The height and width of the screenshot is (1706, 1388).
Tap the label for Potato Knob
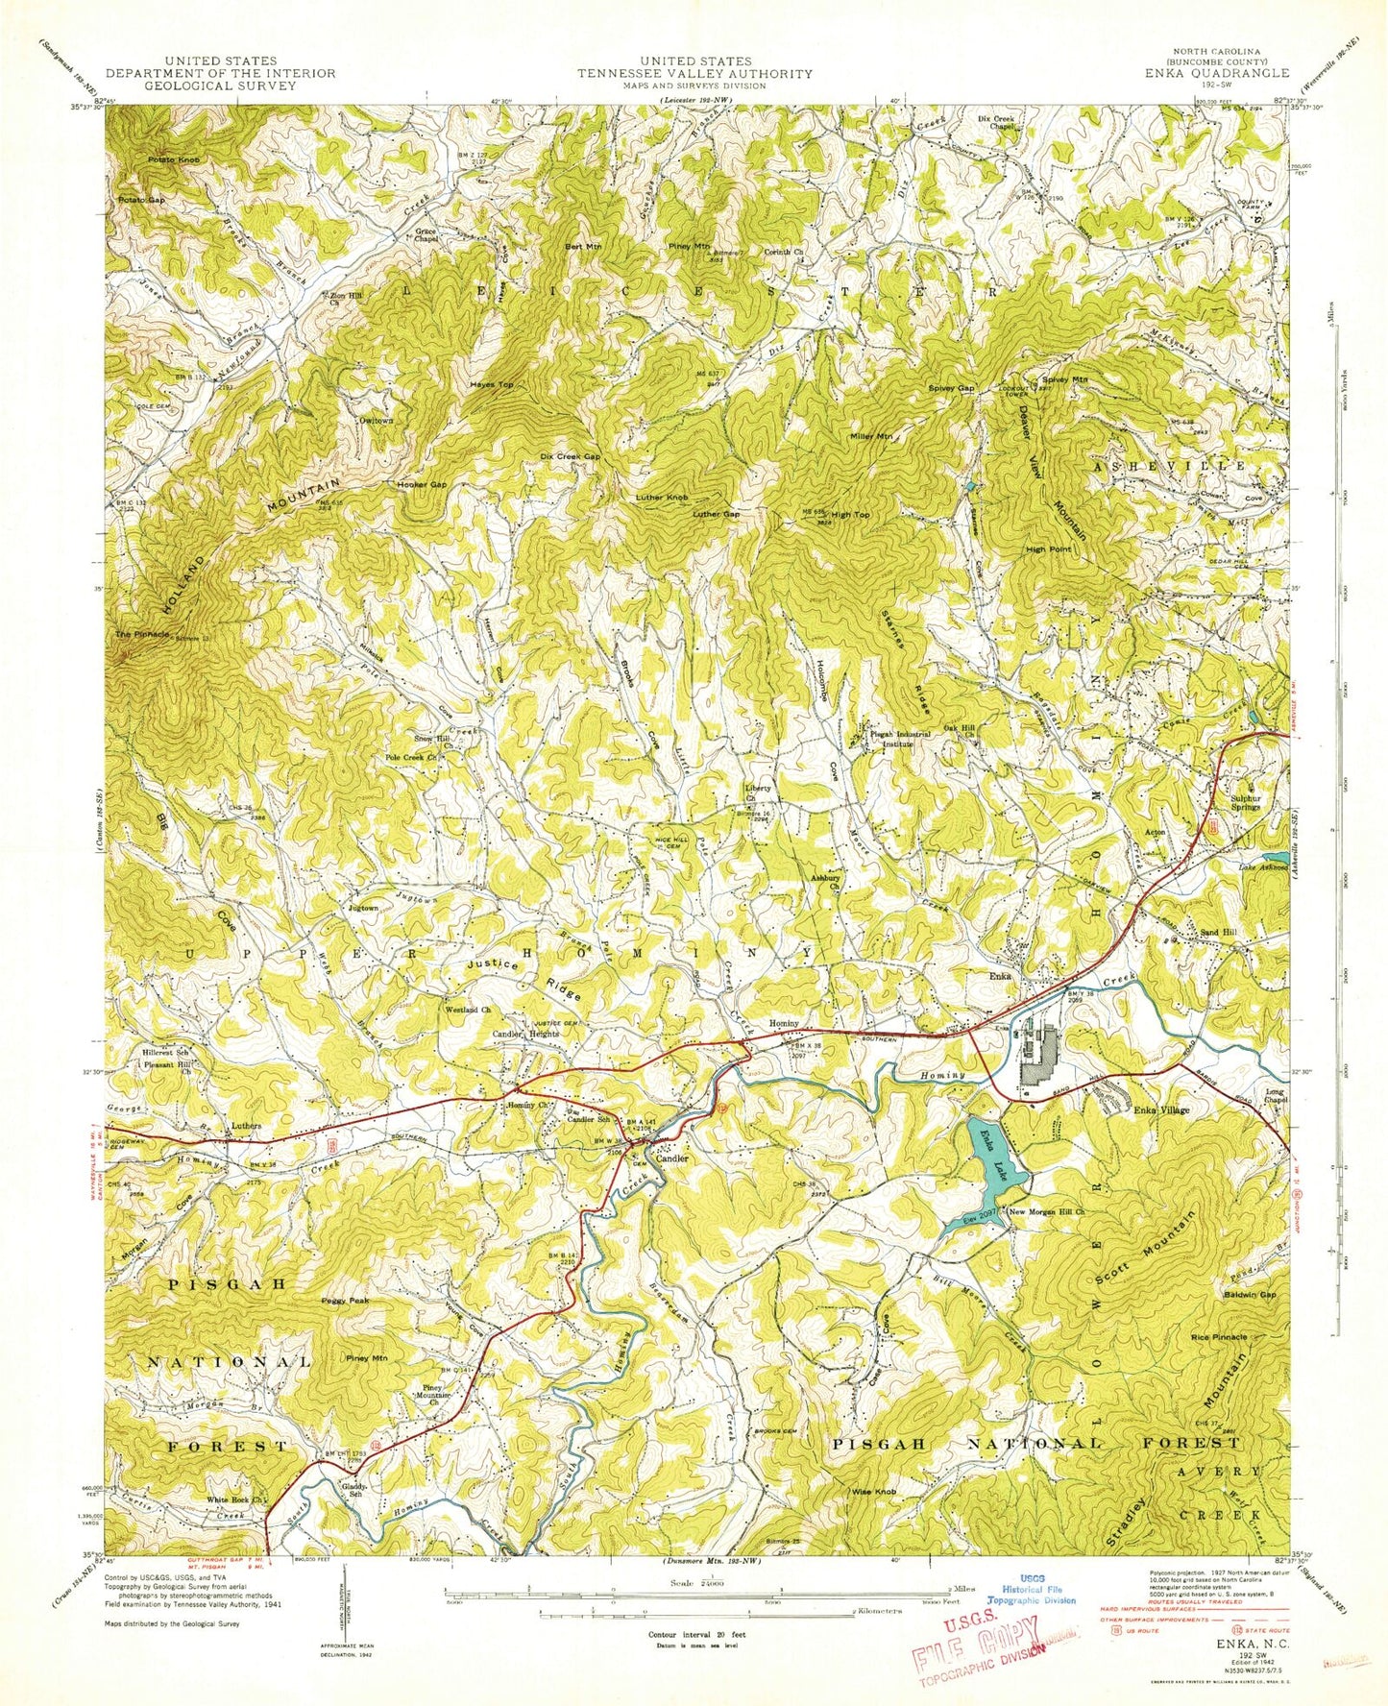coord(147,158)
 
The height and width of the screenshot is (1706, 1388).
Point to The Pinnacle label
coord(143,635)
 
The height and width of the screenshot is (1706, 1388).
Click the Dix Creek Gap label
coord(571,456)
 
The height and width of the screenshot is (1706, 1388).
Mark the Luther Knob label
coord(662,498)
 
